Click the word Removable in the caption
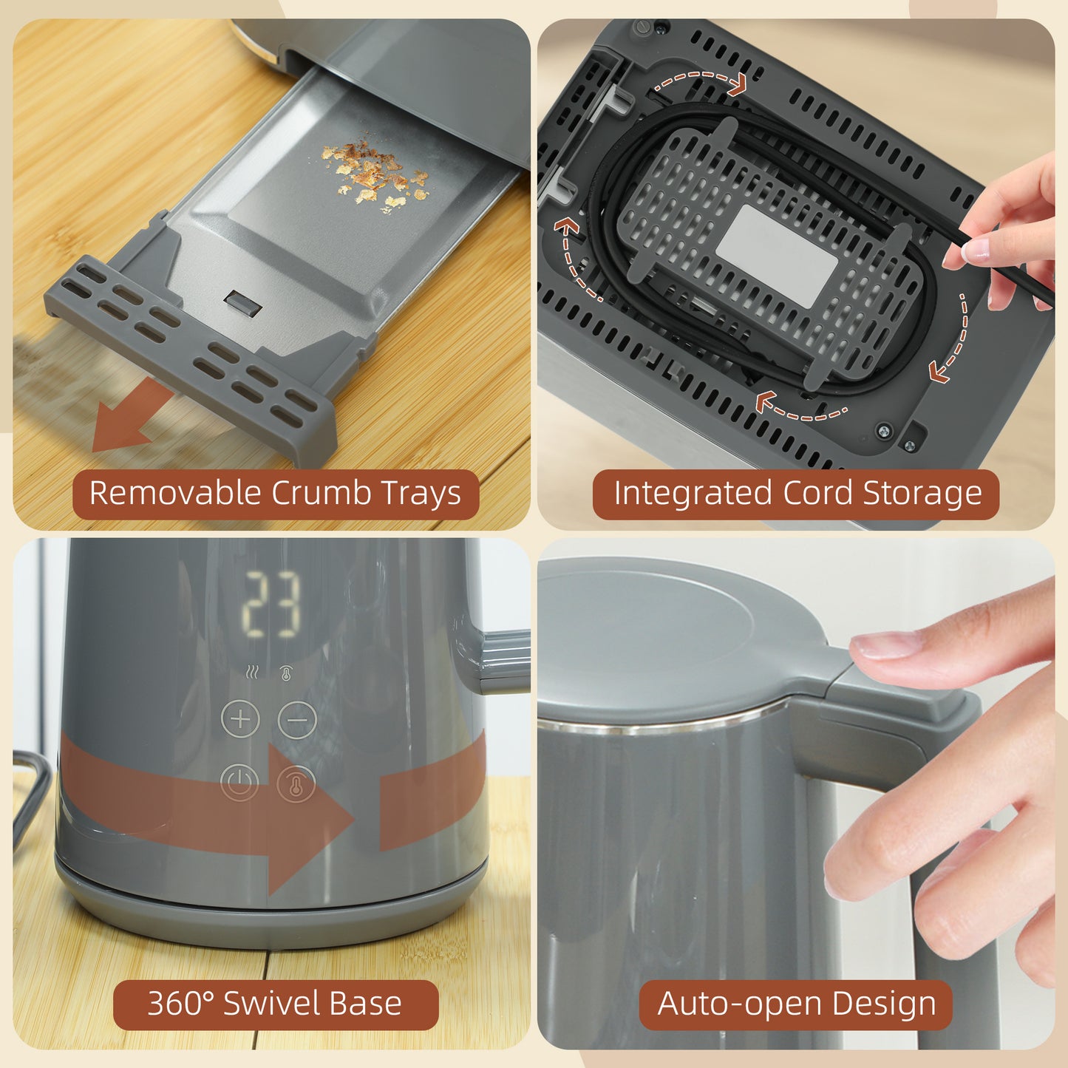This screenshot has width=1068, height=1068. coord(174,493)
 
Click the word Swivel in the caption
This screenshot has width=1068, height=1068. coord(271,1004)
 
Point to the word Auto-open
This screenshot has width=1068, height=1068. coord(739,1004)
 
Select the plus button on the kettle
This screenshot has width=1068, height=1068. coord(240,718)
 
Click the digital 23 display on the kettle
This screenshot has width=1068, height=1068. coord(272,605)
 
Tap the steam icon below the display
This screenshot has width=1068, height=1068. coord(253,673)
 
